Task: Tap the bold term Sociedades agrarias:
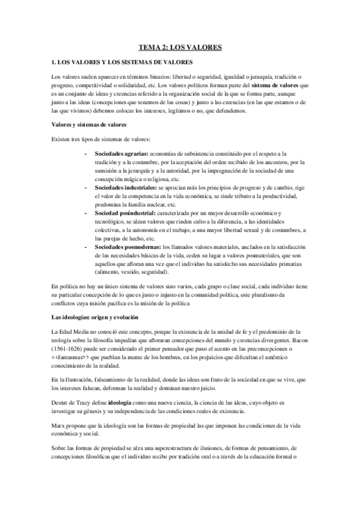[x=121, y=154]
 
